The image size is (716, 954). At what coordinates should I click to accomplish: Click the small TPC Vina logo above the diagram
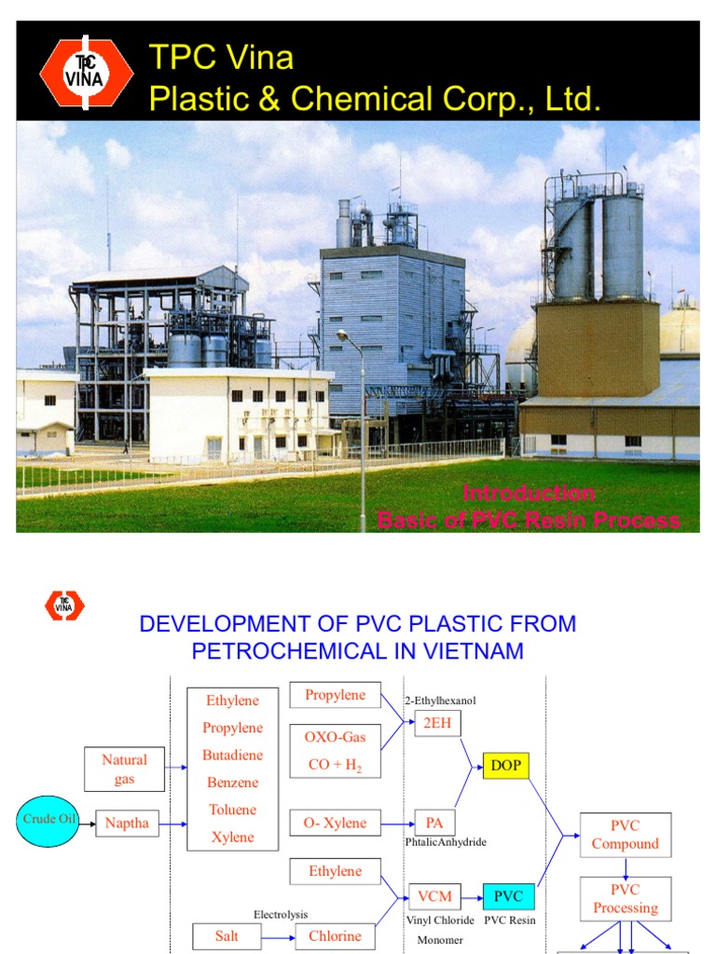click(x=64, y=606)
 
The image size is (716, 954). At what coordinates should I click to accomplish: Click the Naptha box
click(x=127, y=824)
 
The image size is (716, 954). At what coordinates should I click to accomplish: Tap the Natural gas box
click(x=124, y=770)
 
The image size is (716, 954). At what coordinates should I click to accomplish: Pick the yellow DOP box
click(x=505, y=767)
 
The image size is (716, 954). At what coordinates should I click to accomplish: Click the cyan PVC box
click(x=509, y=897)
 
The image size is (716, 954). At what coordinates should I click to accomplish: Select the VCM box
click(x=434, y=897)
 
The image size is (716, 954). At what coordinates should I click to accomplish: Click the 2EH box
click(x=437, y=724)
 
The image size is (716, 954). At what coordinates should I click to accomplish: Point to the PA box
click(x=434, y=823)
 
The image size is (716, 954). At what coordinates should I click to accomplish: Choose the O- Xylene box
click(x=335, y=823)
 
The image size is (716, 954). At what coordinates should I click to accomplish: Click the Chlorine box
click(x=335, y=936)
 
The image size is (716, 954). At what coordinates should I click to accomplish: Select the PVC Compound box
click(x=625, y=835)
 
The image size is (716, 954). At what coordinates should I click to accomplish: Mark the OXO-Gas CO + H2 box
click(x=335, y=751)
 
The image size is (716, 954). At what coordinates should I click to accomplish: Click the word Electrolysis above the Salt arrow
click(x=281, y=915)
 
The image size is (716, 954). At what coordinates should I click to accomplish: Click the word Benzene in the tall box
click(x=232, y=783)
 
